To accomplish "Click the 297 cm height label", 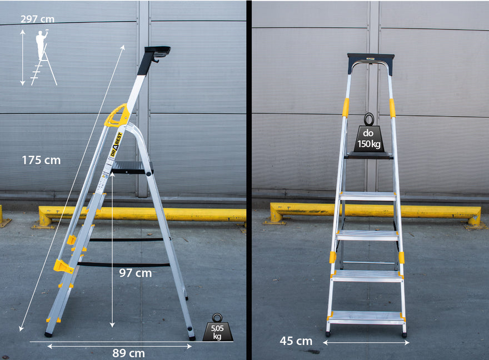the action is point(37,19).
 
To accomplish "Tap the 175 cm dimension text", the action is point(41,160).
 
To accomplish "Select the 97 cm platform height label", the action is point(136,273).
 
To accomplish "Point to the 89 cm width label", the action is point(128,353).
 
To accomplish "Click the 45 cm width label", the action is point(296,341).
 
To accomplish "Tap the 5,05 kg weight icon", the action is point(217,328).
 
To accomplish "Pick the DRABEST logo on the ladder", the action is point(116,144).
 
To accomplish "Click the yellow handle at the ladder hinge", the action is point(117,116).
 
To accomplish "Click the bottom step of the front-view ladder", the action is point(366,317).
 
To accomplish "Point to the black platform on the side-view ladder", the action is point(132,167).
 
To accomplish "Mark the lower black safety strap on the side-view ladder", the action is point(123,265).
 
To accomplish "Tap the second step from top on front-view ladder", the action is point(368,196).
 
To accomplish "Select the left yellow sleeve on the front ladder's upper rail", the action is point(346,108).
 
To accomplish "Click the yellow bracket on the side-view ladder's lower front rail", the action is point(63,266).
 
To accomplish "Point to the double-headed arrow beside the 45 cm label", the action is point(366,343).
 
